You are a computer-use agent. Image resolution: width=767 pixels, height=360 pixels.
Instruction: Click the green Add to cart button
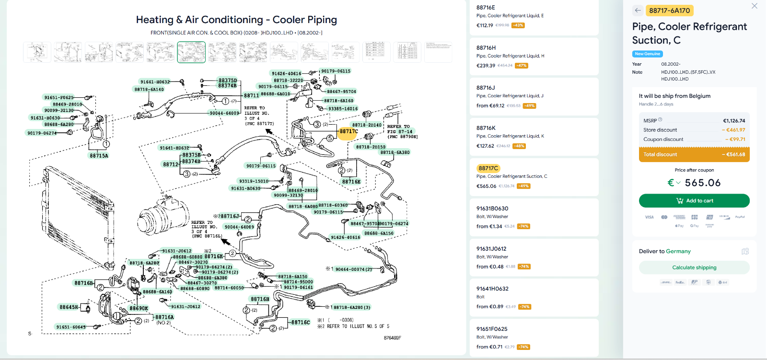pos(694,200)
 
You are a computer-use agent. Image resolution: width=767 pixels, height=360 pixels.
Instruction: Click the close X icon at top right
pos(754,6)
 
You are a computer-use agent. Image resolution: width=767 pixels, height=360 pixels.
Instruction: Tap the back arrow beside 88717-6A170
pos(638,10)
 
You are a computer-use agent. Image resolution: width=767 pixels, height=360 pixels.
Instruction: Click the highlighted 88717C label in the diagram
pos(349,131)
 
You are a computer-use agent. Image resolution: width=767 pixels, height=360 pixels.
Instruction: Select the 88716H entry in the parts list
pos(486,48)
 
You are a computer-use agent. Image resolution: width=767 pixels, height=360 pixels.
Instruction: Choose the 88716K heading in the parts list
pos(486,128)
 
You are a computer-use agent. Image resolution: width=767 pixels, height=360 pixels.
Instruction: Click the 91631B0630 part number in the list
pos(492,209)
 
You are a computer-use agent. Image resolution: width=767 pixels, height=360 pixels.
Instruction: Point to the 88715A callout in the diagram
pos(99,156)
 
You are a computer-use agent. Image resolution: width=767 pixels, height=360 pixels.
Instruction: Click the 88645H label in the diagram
pos(69,307)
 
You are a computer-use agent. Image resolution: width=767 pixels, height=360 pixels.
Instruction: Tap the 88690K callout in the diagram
pos(139,308)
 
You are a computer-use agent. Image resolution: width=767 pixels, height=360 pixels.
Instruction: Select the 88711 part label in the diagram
pos(251,95)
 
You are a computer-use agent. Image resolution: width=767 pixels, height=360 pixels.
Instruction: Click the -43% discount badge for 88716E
pos(518,25)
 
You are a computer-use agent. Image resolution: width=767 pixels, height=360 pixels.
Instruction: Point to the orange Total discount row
pos(694,154)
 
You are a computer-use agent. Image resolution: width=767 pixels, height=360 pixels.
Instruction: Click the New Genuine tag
pos(647,54)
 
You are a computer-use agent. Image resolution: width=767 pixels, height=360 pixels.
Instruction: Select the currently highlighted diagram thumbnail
pos(191,52)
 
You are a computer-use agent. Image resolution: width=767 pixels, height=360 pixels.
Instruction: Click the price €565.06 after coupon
pos(702,183)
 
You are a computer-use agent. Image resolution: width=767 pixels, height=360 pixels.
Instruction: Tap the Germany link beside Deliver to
pos(678,251)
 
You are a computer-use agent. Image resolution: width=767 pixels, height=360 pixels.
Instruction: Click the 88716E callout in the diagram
pos(351,182)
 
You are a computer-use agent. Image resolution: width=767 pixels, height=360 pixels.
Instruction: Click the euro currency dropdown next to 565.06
pos(674,183)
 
